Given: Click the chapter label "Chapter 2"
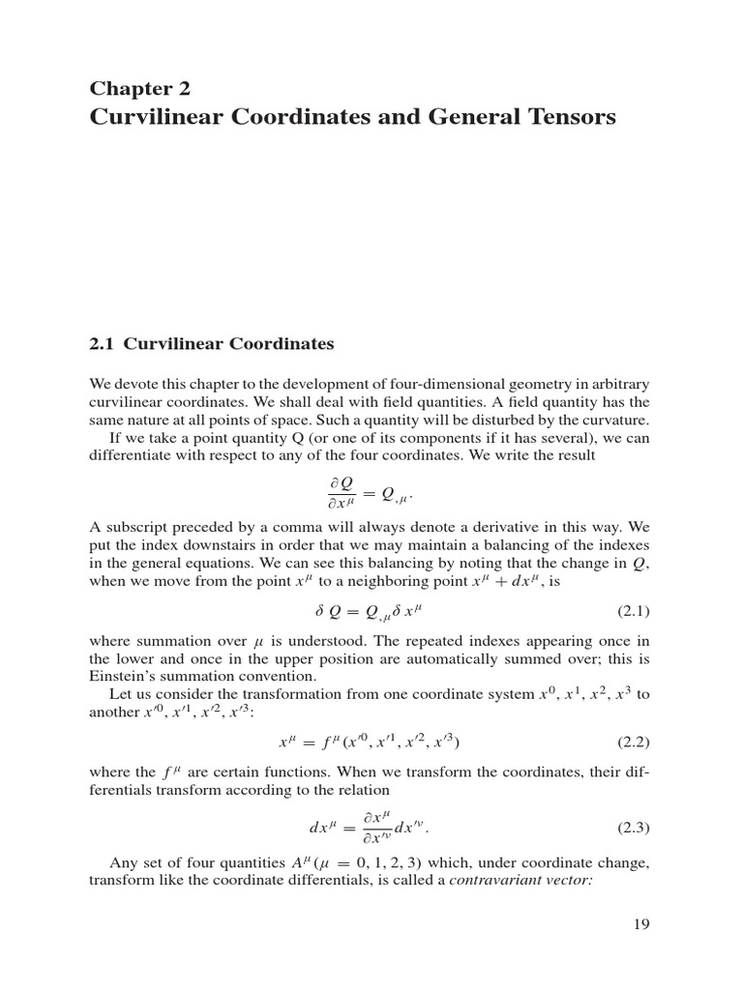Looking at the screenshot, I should (x=140, y=89).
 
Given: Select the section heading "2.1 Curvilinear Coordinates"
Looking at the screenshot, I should (x=212, y=343).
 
